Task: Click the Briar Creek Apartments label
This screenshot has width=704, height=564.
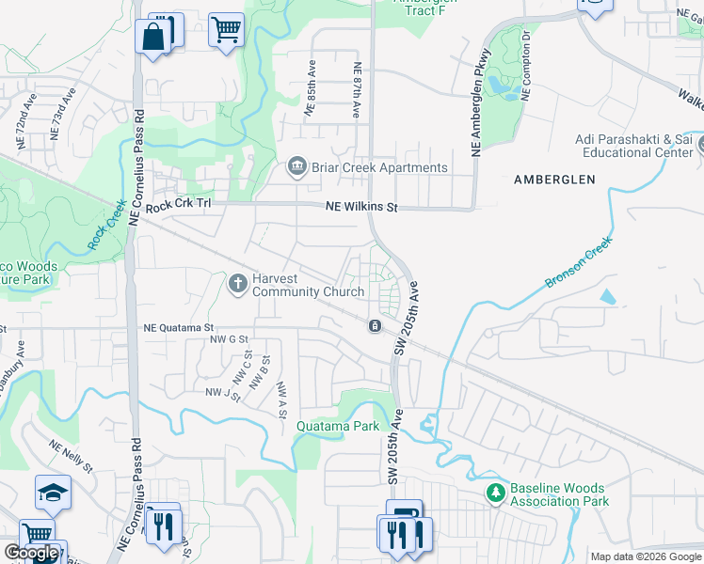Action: click(x=379, y=168)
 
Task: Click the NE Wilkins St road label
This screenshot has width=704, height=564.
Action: click(x=362, y=207)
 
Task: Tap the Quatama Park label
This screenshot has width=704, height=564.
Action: click(x=338, y=426)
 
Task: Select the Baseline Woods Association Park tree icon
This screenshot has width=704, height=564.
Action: click(x=495, y=493)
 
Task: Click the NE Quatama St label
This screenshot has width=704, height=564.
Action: click(x=179, y=328)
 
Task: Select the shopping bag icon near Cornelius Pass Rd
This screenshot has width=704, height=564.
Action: click(x=152, y=38)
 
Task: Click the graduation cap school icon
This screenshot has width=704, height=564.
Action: click(x=53, y=493)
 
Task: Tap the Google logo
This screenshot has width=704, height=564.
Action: click(x=31, y=553)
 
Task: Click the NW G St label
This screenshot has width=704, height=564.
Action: click(x=229, y=338)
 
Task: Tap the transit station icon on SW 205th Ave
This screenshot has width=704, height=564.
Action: click(x=375, y=326)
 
